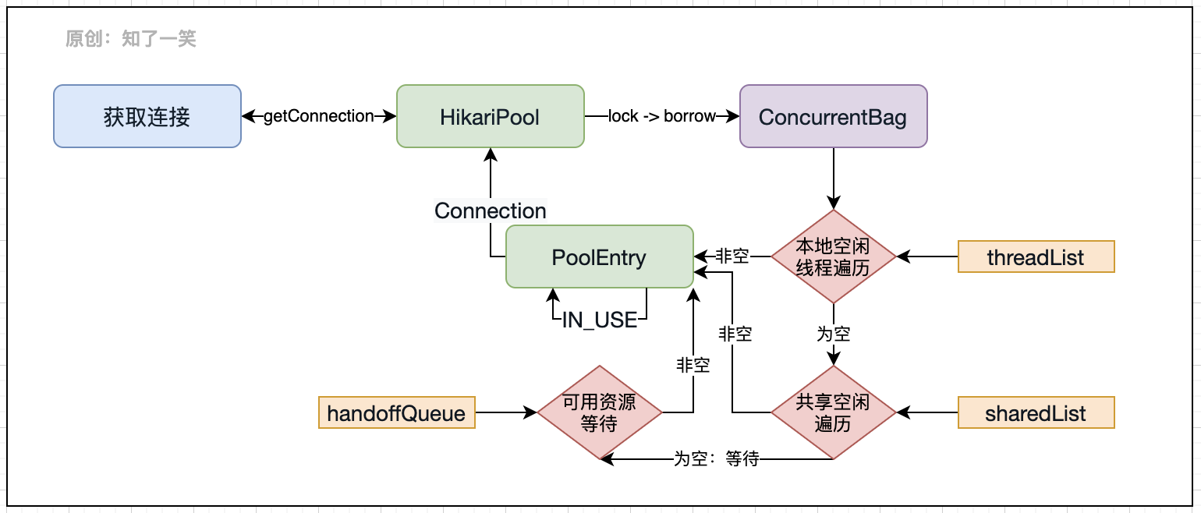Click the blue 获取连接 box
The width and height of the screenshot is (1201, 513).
(x=147, y=116)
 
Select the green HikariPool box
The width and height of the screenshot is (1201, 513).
(x=490, y=116)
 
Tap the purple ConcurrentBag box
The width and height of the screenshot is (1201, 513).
(x=833, y=116)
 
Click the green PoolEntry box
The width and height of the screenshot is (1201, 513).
(x=599, y=256)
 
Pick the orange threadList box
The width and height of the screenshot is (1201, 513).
(x=1036, y=256)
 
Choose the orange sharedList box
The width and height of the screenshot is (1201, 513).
(x=1036, y=412)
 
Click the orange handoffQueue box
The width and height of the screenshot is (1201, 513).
(x=396, y=412)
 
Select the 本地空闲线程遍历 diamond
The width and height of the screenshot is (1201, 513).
(x=833, y=256)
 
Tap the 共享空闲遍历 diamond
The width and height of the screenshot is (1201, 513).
(x=833, y=412)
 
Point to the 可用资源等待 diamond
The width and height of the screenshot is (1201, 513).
(x=599, y=412)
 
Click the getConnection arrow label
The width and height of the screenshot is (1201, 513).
(x=318, y=116)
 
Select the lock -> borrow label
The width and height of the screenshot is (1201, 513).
(x=661, y=116)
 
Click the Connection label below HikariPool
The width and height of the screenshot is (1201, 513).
(x=490, y=211)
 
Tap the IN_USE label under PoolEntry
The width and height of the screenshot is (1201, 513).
(x=599, y=320)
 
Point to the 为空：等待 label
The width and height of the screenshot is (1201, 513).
(x=716, y=459)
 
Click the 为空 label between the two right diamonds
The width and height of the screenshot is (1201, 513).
(x=833, y=334)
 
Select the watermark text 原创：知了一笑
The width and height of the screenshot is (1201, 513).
(x=131, y=38)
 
